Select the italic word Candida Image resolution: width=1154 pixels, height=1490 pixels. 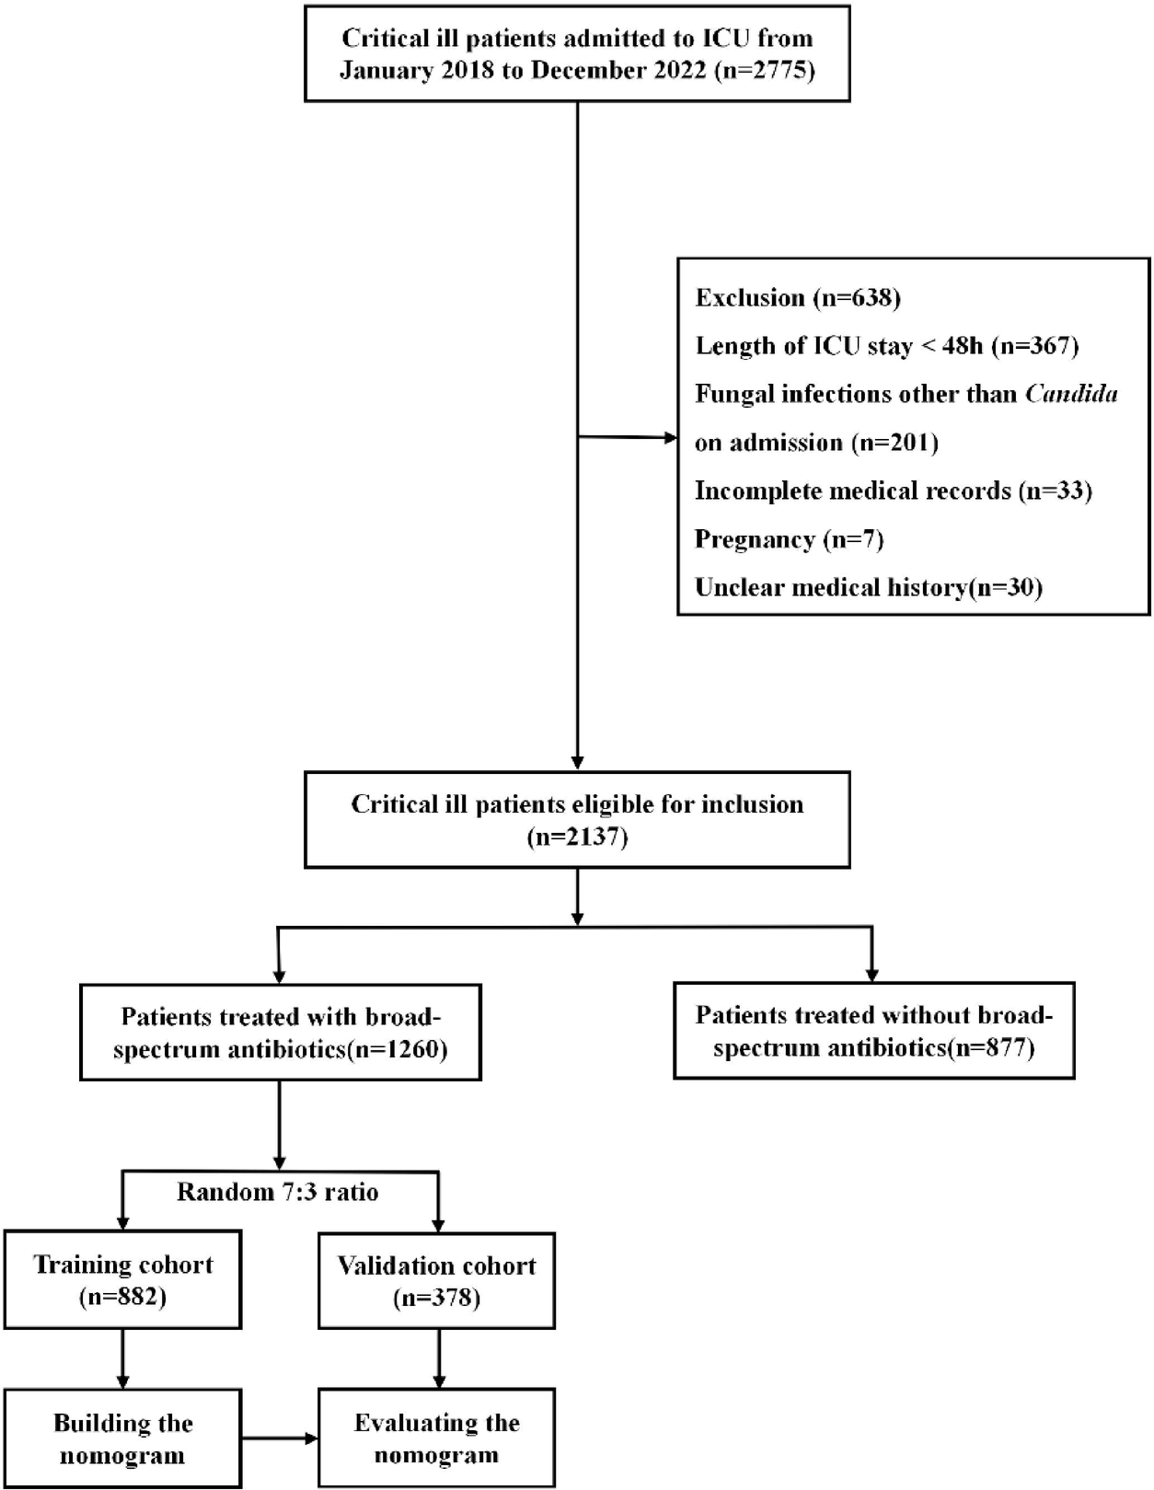[x=1071, y=394]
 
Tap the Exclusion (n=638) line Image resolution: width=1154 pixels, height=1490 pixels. [x=797, y=298]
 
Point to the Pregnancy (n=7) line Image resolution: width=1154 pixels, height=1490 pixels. [x=789, y=539]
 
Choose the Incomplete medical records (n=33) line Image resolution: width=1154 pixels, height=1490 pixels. [x=893, y=491]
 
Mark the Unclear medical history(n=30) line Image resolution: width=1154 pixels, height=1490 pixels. [x=868, y=587]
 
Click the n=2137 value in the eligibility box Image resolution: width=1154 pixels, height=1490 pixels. [x=577, y=837]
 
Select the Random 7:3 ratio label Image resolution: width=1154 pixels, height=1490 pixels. [x=278, y=1192]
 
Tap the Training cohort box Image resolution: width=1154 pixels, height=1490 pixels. [x=122, y=1279]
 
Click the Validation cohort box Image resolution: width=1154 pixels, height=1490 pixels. [x=436, y=1280]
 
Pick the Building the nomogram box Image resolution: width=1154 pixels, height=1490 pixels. [x=122, y=1438]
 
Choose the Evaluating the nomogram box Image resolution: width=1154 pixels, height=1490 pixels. [x=436, y=1438]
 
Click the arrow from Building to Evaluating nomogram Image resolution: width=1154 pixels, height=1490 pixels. [x=280, y=1438]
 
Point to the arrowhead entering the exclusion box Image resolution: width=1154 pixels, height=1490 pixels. [x=671, y=438]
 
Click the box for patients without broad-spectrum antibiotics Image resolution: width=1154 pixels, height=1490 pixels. [x=873, y=1031]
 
